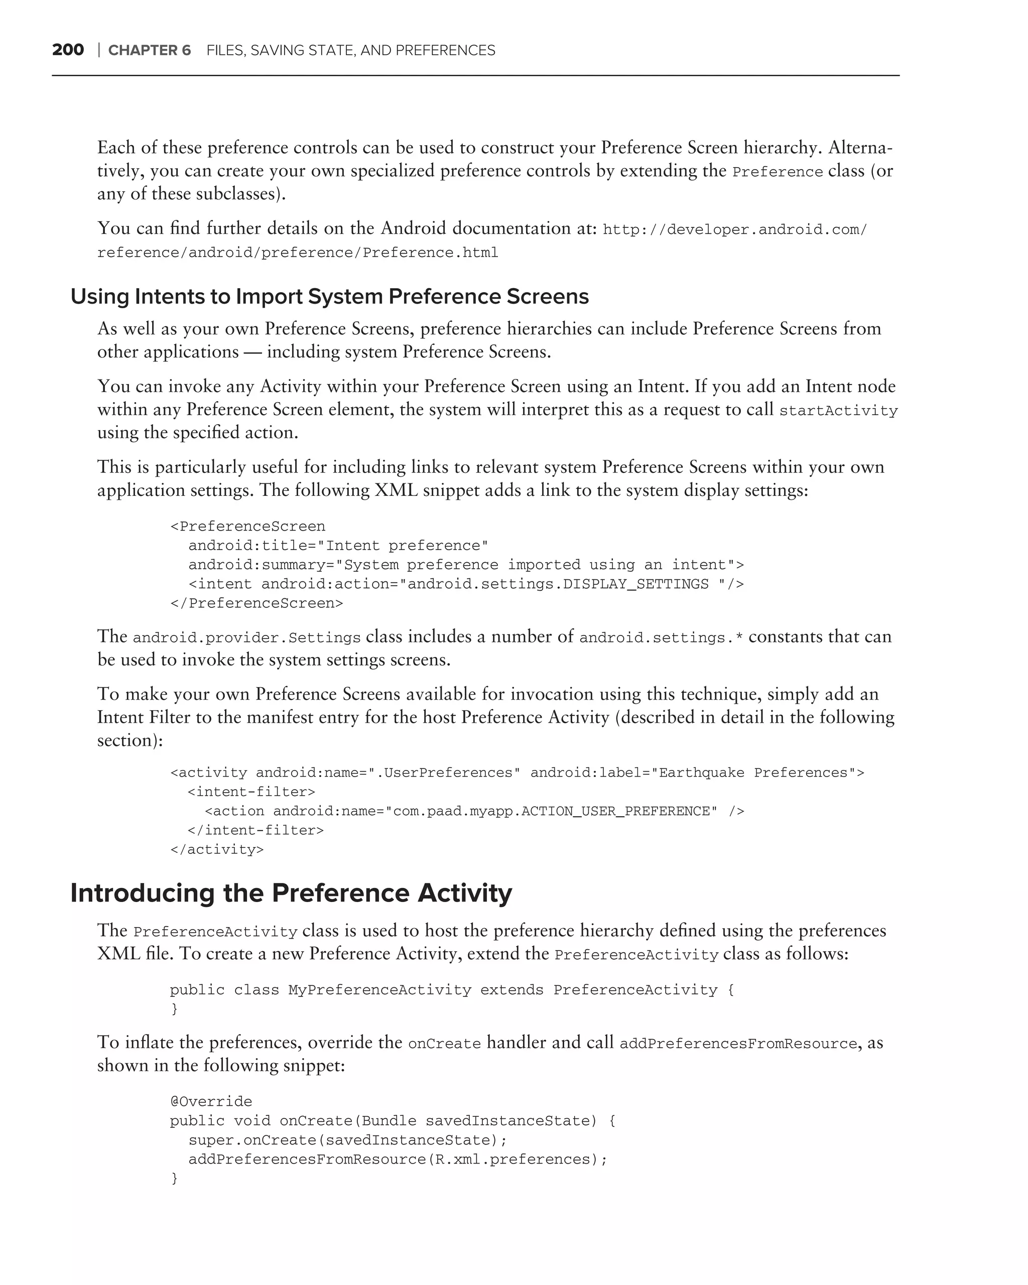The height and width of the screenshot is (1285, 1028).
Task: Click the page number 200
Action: [68, 50]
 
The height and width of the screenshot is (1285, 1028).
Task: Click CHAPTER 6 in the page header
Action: [149, 50]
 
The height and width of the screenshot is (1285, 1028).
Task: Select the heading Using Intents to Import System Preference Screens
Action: [330, 296]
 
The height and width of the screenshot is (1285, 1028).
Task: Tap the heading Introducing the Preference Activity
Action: [291, 893]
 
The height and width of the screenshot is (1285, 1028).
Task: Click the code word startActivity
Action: [838, 411]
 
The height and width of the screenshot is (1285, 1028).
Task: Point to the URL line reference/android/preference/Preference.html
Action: [297, 252]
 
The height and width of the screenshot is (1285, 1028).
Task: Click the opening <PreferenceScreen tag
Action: [248, 526]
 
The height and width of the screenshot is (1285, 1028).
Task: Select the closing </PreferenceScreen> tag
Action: [257, 603]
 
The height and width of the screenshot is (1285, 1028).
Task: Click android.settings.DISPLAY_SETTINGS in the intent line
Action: [558, 584]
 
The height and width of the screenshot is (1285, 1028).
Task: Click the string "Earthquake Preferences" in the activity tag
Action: [753, 773]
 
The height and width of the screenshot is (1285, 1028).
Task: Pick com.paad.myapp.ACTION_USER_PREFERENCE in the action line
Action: [551, 811]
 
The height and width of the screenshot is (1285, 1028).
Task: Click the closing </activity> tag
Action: [217, 849]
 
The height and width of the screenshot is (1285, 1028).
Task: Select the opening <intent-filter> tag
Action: [251, 792]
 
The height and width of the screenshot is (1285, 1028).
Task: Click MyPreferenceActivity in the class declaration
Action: [379, 990]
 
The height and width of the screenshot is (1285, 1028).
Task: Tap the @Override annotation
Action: [211, 1101]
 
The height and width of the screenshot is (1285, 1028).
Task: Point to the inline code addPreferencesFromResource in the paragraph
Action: [738, 1044]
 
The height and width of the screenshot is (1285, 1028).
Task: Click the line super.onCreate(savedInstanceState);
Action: [347, 1140]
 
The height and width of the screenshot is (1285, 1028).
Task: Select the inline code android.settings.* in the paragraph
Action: [661, 638]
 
